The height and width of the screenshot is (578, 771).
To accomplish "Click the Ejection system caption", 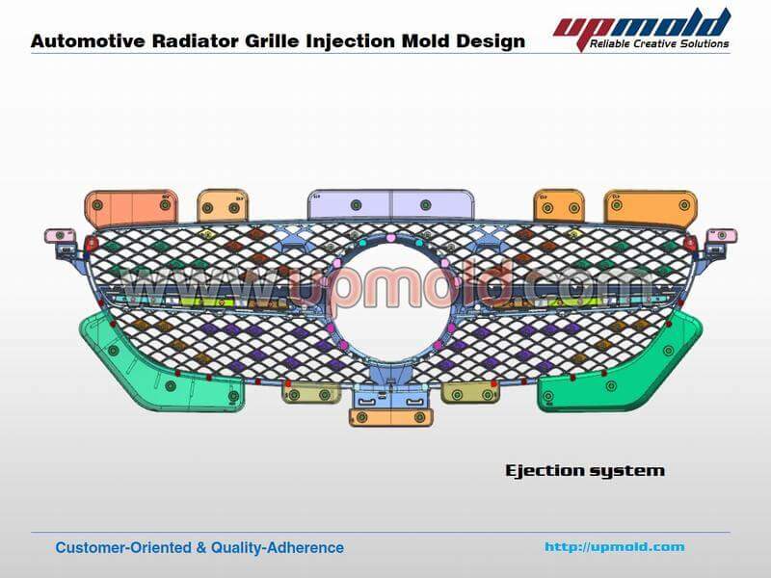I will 585,471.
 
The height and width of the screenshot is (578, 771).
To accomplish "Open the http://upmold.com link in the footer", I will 615,547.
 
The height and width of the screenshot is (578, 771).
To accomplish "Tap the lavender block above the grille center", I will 391,204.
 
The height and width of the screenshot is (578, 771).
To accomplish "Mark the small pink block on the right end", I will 721,236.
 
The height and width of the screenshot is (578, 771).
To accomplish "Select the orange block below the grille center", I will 391,417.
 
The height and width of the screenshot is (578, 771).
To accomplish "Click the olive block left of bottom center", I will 310,393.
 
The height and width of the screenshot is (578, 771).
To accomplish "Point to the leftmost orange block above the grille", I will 130,206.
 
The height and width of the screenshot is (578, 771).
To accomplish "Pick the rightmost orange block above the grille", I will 651,206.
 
